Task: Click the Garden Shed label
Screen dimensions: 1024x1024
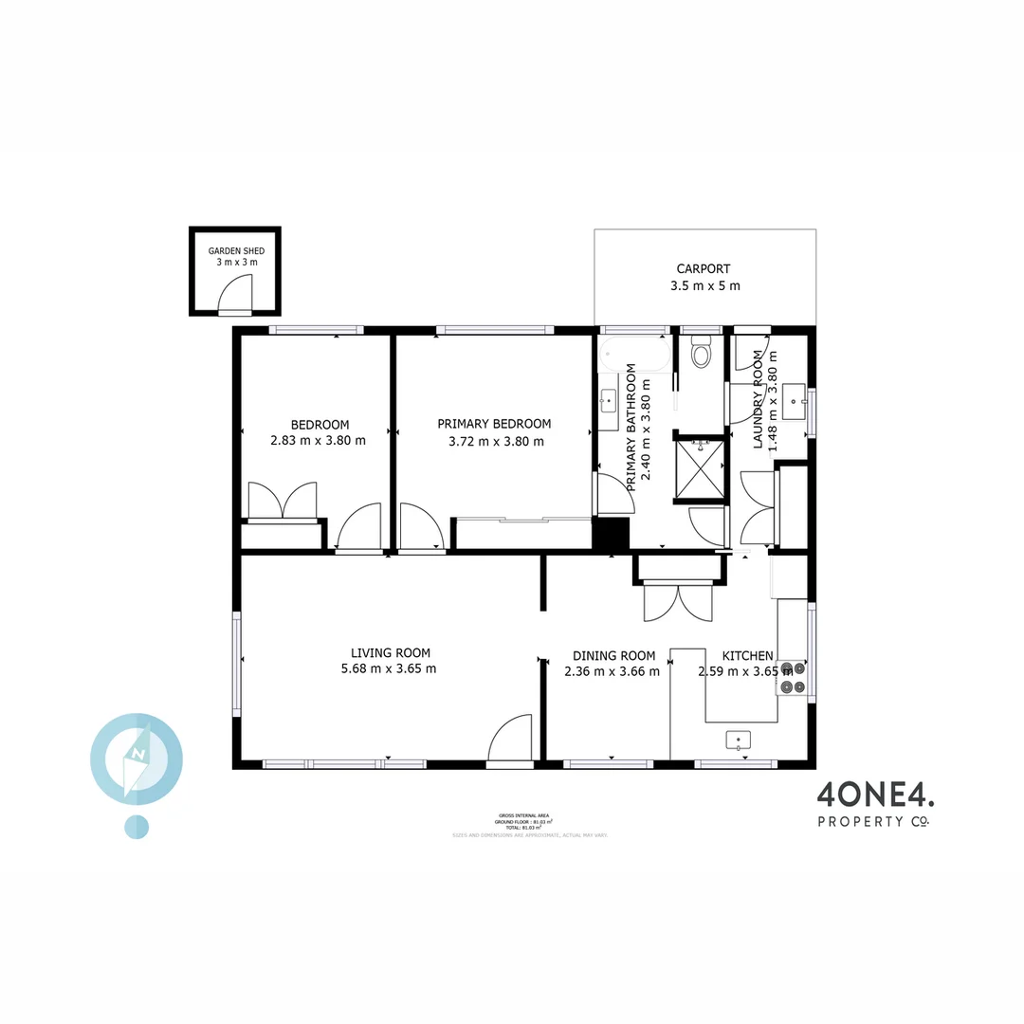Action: point(235,250)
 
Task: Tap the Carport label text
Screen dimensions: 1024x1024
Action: point(703,268)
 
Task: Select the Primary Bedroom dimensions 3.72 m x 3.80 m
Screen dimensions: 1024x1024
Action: point(496,441)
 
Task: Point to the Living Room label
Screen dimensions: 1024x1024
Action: point(390,652)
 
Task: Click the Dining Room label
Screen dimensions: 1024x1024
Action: point(613,655)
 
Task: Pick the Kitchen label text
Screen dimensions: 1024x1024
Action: point(747,655)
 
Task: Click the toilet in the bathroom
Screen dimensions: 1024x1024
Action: point(702,354)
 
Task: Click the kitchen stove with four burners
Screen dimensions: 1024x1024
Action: point(792,679)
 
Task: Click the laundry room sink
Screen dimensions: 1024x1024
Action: point(795,402)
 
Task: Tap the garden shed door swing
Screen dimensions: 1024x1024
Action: point(237,295)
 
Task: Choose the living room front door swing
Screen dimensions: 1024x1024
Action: point(512,740)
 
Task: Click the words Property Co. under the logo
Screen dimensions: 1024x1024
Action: point(873,821)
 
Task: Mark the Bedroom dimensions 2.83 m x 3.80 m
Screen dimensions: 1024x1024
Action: point(319,441)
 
